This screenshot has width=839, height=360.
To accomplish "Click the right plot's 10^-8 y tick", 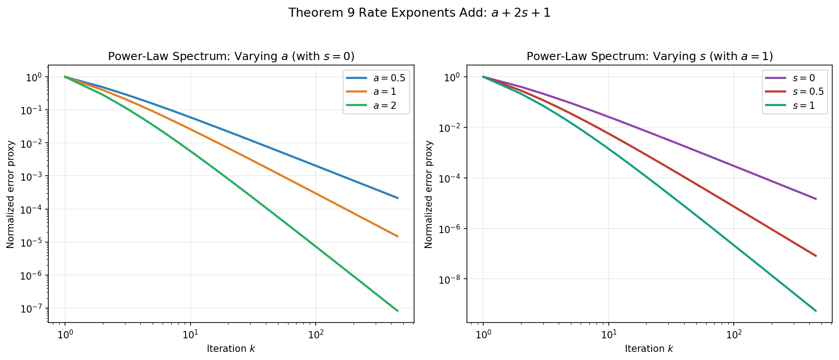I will point(452,279).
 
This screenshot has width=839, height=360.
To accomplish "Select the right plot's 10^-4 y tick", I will point(452,178).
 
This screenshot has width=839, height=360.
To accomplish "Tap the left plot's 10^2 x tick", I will point(315,335).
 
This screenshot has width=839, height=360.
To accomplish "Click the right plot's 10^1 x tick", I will point(608,335).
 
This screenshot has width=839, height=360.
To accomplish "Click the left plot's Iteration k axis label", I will point(231,349).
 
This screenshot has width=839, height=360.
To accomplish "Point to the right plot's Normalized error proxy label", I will point(429,194).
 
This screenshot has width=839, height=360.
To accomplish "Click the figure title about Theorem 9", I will point(419,13).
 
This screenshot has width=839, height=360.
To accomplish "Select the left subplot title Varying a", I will point(231,56).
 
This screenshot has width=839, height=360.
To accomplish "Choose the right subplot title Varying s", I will point(649,56).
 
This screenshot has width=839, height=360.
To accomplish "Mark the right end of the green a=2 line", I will point(398,311).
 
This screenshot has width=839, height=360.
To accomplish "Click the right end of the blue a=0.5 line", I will point(398,198).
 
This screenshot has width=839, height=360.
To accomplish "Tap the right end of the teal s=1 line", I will point(816,311).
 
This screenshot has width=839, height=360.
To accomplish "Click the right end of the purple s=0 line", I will point(816,199).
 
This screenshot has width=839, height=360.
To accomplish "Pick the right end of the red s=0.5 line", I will point(816,256).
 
